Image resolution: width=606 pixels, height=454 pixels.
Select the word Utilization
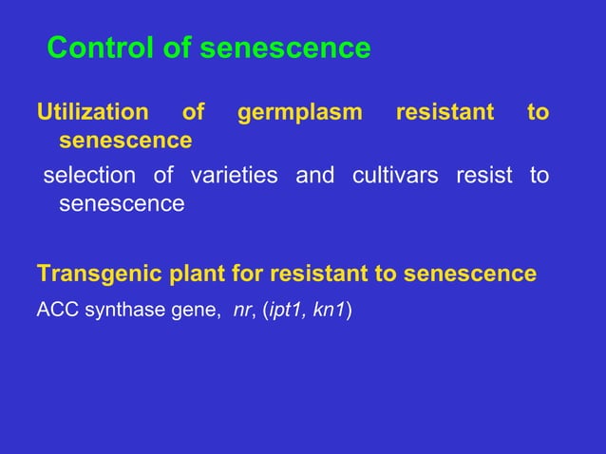coord(92,113)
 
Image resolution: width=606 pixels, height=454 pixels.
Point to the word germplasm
coord(300,113)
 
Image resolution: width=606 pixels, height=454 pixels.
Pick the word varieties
coord(235,176)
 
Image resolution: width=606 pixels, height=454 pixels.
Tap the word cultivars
coord(395,176)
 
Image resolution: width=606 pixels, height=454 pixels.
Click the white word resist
coord(484,176)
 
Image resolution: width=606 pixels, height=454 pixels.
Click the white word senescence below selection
coord(122,203)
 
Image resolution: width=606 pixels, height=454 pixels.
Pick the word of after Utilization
coord(193,113)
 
